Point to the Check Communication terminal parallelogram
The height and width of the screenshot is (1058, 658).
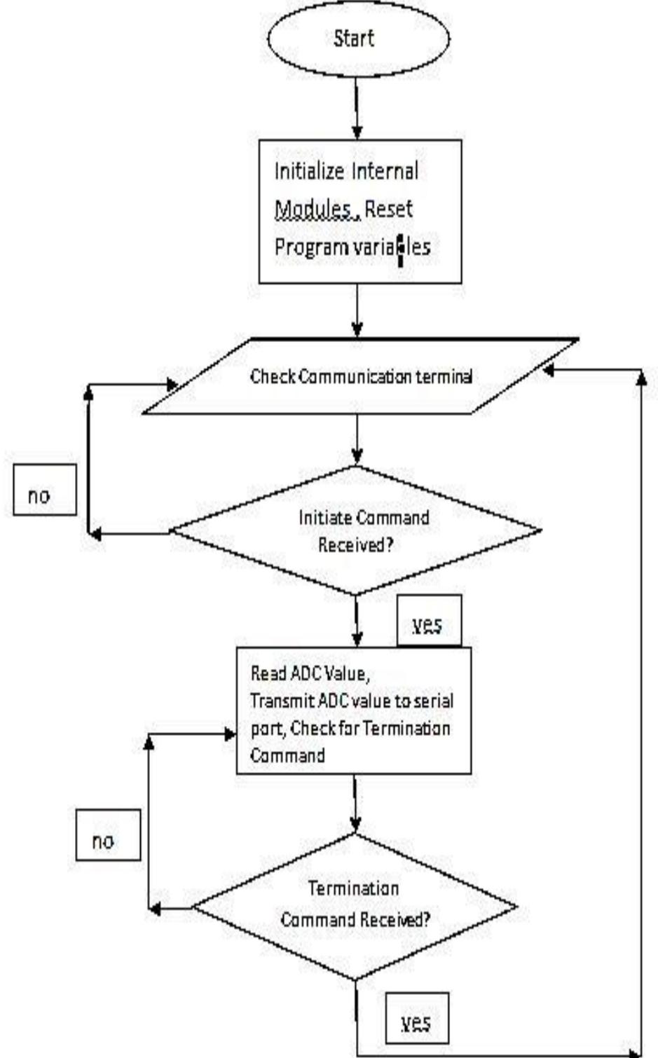coord(361,376)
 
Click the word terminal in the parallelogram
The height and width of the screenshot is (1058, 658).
coord(445,376)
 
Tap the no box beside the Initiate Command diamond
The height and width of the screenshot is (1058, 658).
coord(44,495)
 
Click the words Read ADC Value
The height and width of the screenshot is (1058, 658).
coord(308,673)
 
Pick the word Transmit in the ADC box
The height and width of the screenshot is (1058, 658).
coord(277,701)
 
